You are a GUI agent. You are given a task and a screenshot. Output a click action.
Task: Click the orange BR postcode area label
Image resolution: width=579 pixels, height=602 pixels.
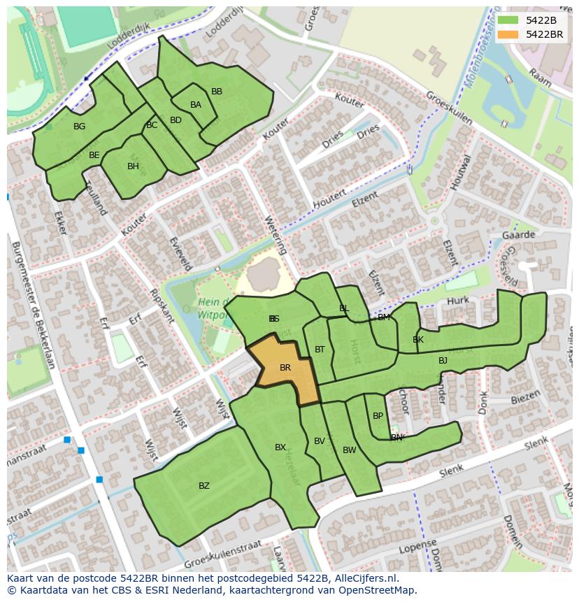285,367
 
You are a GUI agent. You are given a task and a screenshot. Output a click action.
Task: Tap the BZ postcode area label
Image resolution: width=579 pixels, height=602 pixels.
203,485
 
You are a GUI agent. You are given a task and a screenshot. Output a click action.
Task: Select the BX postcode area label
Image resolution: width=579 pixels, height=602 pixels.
280,447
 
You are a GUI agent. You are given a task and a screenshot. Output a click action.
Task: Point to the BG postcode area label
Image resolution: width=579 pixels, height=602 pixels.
79,127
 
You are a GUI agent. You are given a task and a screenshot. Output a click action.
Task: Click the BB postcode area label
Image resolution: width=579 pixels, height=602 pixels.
217,92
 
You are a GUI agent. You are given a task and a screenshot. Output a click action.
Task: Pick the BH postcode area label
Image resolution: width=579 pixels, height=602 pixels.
133,166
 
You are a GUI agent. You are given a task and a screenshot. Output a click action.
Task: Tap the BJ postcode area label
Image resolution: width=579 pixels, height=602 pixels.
443,361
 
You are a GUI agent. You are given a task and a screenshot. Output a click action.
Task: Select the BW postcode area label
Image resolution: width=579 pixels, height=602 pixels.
349,450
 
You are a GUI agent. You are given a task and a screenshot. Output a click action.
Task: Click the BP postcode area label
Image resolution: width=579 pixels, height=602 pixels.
378,415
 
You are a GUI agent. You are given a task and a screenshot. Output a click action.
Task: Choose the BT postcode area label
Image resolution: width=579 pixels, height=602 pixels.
320,350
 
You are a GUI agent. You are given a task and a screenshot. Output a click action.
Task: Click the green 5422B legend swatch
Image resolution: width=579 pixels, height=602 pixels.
508,20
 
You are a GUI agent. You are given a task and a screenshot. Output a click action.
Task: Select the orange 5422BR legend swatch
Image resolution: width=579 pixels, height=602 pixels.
508,34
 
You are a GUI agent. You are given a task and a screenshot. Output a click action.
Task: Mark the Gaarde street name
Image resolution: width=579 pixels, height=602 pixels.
518,235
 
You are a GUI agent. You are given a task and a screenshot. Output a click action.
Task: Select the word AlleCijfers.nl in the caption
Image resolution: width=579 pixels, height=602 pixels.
366,578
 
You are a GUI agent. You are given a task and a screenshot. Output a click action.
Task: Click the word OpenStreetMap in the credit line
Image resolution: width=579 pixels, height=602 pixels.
378,590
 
